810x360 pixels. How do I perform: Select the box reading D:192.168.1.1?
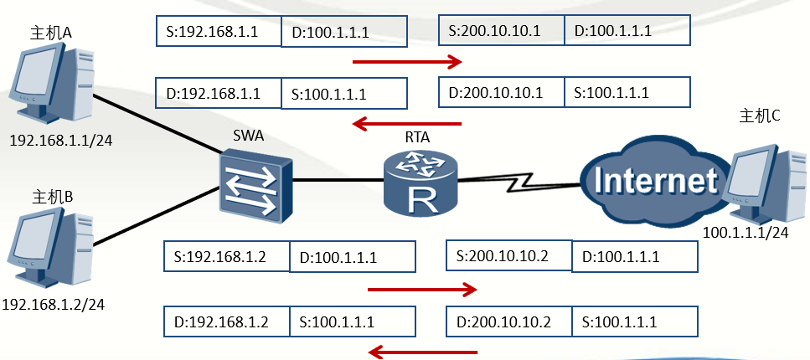(219, 92)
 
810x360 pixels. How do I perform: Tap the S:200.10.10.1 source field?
(501, 30)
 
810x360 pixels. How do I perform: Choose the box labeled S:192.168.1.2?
(226, 256)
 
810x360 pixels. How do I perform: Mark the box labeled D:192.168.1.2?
(226, 321)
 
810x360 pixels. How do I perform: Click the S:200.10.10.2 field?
(508, 255)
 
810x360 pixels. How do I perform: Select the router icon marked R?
(420, 180)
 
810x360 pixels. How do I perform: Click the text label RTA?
(419, 136)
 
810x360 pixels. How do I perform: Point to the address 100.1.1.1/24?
(746, 233)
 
